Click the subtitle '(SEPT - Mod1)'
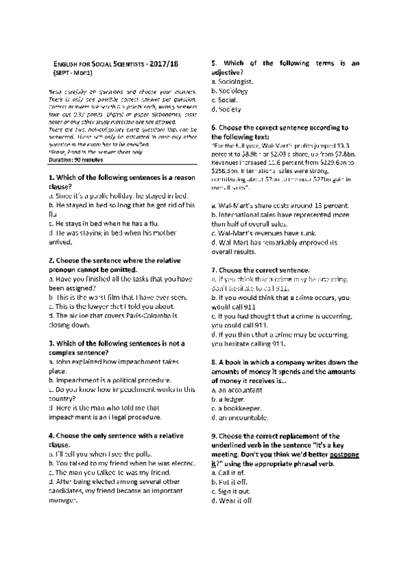coord(73,72)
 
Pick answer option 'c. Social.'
coord(227,99)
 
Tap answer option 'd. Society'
coord(228,108)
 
